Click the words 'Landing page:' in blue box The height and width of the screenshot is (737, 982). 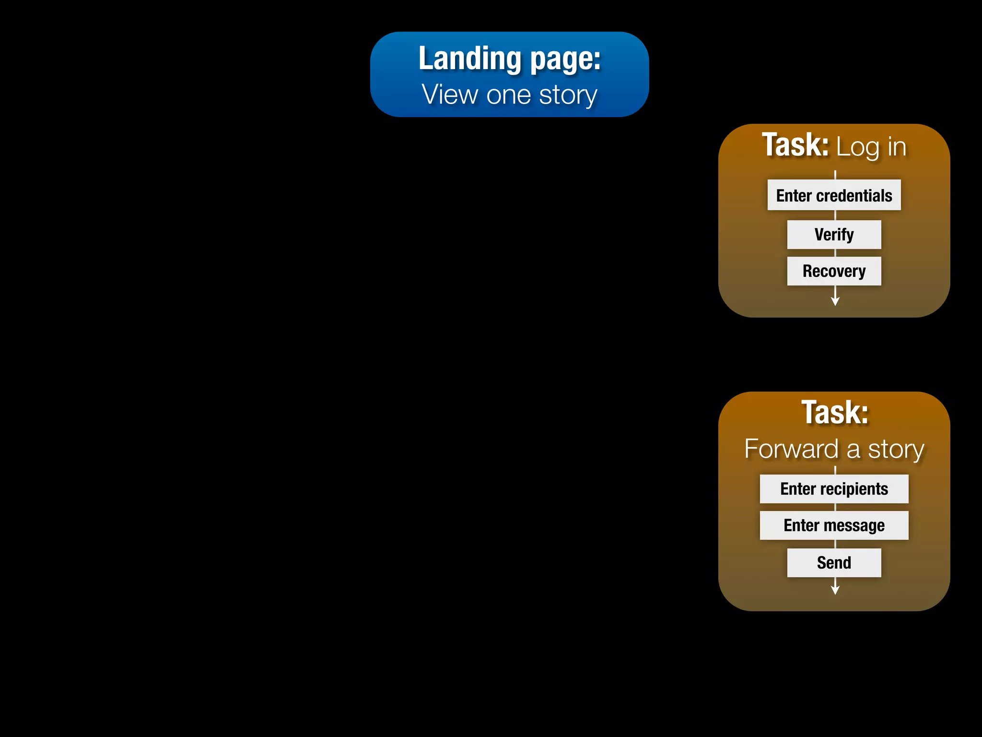click(x=509, y=59)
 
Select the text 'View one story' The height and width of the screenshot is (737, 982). click(x=509, y=95)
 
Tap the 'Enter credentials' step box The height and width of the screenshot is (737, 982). click(x=834, y=195)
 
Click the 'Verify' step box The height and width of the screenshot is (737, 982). click(x=834, y=235)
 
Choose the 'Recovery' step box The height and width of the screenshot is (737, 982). click(x=834, y=271)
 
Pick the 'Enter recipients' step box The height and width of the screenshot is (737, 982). click(x=834, y=489)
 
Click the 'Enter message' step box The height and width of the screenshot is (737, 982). click(x=834, y=525)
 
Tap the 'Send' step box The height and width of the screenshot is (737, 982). click(x=834, y=562)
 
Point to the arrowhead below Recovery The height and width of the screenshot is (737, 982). click(x=835, y=301)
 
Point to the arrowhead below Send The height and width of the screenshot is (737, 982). click(x=835, y=590)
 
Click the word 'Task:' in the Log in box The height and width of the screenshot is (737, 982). click(x=795, y=145)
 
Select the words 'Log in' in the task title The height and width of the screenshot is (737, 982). click(x=871, y=147)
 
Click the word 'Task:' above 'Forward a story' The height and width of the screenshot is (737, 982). click(x=835, y=413)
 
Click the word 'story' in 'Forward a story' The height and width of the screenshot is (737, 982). click(x=896, y=450)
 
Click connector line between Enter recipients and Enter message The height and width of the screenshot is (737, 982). click(x=835, y=507)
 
